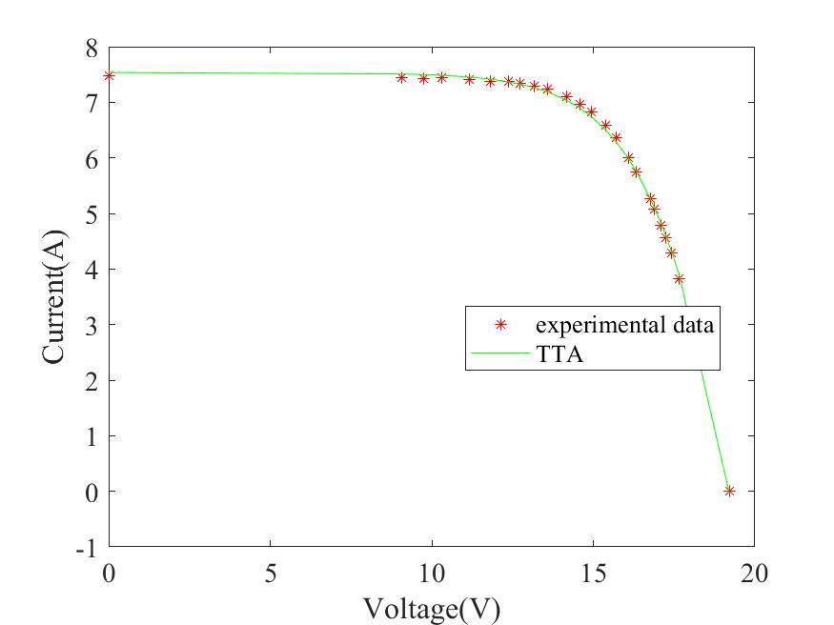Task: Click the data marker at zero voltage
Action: click(x=109, y=75)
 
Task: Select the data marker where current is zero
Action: click(x=729, y=491)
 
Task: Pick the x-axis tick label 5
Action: click(x=271, y=574)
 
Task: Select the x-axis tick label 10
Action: click(x=432, y=574)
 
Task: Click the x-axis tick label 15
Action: click(x=593, y=574)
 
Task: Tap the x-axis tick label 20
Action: click(x=754, y=574)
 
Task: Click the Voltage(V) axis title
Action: click(x=431, y=607)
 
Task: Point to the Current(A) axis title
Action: click(x=54, y=296)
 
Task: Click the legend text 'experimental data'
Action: click(x=624, y=324)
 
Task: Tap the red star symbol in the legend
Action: click(x=499, y=324)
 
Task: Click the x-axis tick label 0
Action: click(x=109, y=574)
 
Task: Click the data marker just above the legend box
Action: click(x=679, y=279)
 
